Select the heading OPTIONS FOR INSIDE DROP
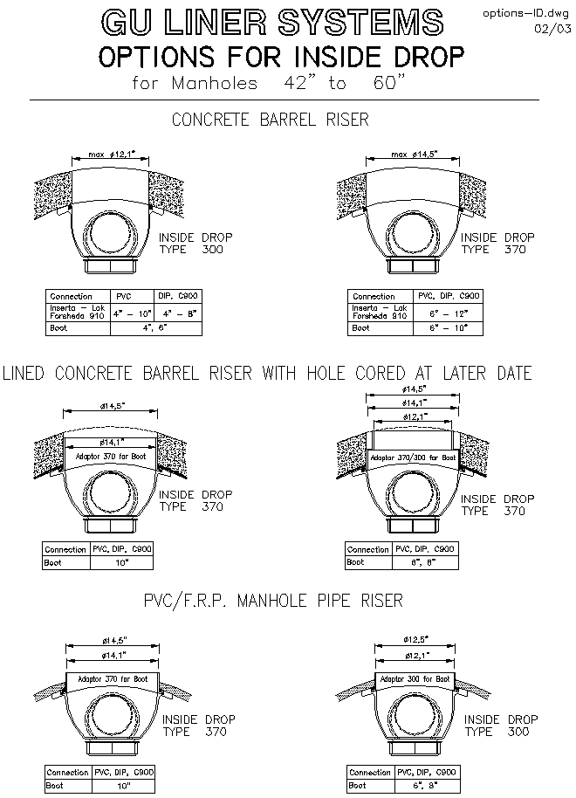click(281, 58)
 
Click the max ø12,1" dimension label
click(109, 155)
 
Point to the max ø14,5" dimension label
click(414, 155)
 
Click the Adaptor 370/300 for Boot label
click(413, 457)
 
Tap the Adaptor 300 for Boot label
click(413, 678)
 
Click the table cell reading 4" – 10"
click(133, 312)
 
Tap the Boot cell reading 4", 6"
click(156, 327)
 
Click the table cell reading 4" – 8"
click(179, 312)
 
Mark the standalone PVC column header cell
click(125, 296)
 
